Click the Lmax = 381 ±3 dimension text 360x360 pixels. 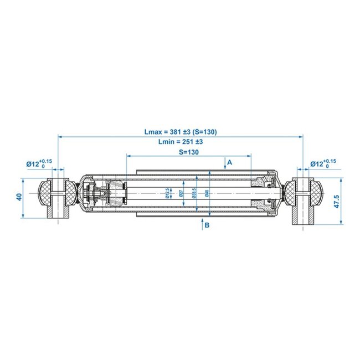[x=180, y=132]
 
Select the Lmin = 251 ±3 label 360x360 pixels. [x=179, y=142]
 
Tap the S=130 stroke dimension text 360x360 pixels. [x=188, y=152]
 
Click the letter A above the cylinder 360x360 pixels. [x=229, y=162]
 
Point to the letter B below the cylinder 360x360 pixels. [x=207, y=225]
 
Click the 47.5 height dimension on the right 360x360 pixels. [x=337, y=201]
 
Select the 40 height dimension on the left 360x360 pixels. [x=19, y=197]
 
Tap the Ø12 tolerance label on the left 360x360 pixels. [x=39, y=163]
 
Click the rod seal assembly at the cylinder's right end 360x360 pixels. [x=265, y=193]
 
